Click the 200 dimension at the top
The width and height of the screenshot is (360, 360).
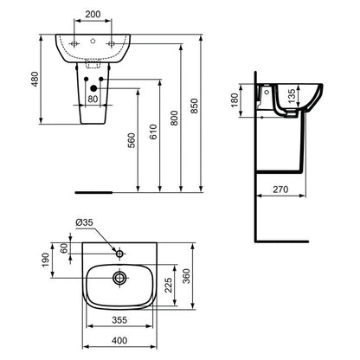click(x=92, y=16)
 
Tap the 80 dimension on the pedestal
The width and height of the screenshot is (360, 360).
click(x=93, y=98)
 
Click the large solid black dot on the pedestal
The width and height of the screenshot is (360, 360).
click(x=93, y=87)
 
